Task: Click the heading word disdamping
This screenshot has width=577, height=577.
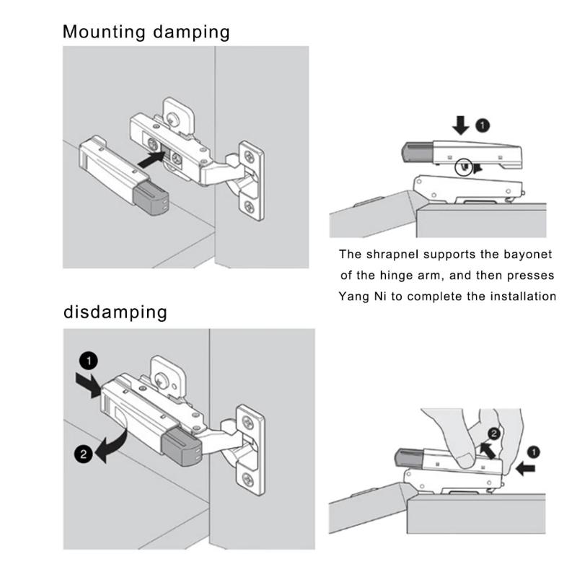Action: pyautogui.click(x=115, y=312)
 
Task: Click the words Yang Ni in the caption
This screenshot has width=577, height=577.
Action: pyautogui.click(x=363, y=296)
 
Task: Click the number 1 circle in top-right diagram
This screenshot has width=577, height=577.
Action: pyautogui.click(x=483, y=125)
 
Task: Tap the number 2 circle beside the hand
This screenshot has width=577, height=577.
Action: pyautogui.click(x=494, y=433)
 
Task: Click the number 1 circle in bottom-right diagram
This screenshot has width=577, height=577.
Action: pyautogui.click(x=534, y=452)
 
